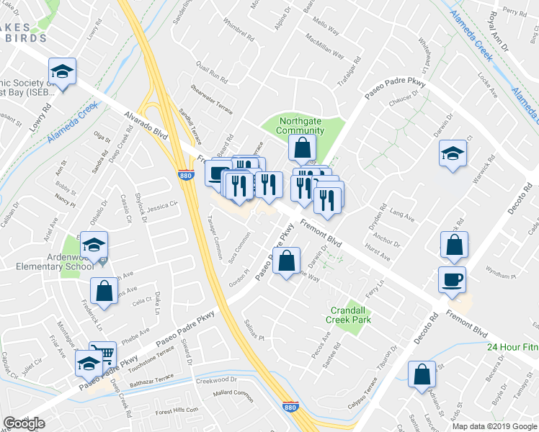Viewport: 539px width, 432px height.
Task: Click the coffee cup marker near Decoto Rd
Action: [x=452, y=279]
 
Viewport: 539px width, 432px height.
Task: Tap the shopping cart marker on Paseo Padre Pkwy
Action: [x=103, y=354]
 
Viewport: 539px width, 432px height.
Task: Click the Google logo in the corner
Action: [x=24, y=423]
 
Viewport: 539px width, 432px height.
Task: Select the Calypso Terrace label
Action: [x=360, y=392]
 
